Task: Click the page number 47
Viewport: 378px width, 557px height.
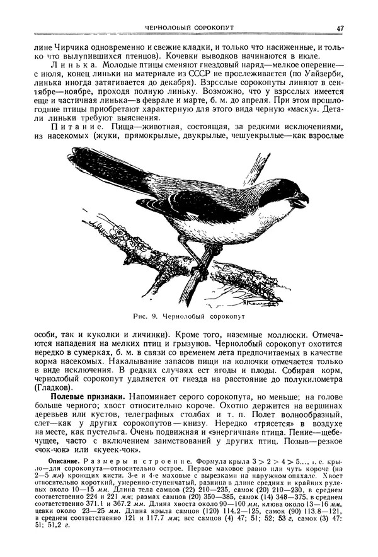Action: click(x=340, y=28)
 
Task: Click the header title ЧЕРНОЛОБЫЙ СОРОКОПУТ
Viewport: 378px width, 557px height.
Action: click(x=189, y=28)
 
